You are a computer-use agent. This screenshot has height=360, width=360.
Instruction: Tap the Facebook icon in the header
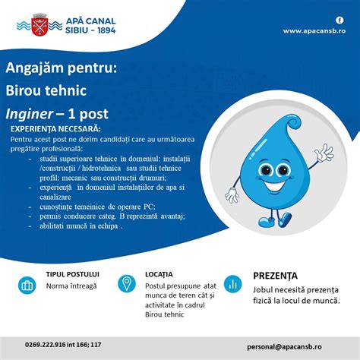(x=339, y=19)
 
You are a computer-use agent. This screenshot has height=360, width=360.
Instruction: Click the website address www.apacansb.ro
(x=314, y=31)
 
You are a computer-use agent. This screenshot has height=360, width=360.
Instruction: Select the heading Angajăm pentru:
(x=62, y=69)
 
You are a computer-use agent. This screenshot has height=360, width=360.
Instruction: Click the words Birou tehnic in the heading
(x=46, y=91)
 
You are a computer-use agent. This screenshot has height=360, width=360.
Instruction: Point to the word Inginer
(x=36, y=114)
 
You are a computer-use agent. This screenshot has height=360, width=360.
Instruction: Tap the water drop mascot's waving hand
(x=324, y=153)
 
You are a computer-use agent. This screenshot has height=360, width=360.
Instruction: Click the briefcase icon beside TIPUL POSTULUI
(x=28, y=286)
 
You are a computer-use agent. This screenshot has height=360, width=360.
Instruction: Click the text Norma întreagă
(x=71, y=286)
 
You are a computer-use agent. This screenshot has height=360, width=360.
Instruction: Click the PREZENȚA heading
(x=275, y=275)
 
